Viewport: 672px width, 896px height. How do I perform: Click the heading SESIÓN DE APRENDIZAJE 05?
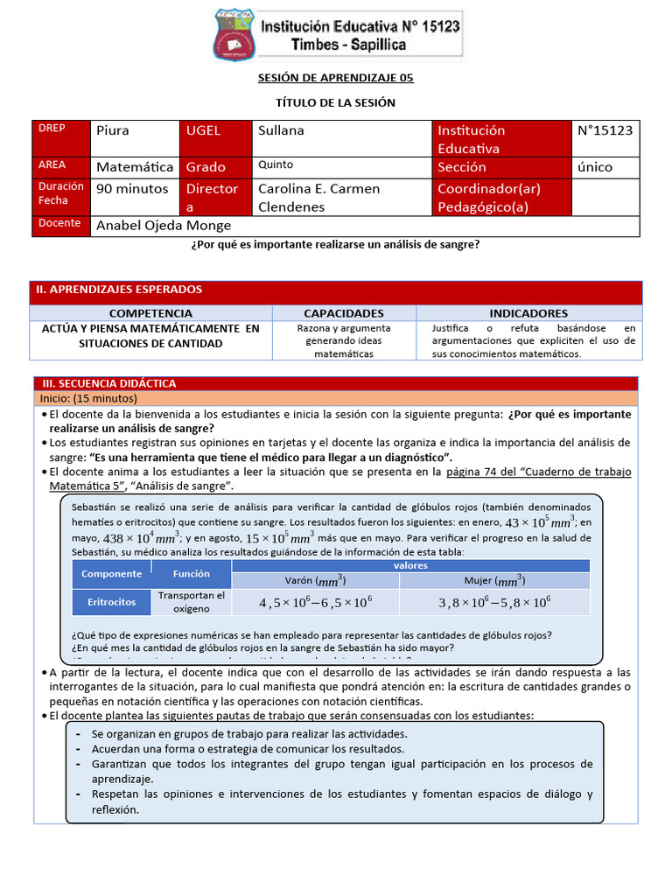point(335,78)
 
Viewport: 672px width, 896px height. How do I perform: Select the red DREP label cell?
point(61,138)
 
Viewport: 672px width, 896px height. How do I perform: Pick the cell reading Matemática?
point(135,166)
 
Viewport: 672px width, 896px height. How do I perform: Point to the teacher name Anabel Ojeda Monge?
point(166,225)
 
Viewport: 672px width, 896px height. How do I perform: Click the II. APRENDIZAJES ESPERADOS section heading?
point(119,290)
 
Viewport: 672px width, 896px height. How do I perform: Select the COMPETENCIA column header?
point(150,313)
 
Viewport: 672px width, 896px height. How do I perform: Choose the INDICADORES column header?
point(528,313)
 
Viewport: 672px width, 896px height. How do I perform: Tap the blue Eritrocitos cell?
point(111,602)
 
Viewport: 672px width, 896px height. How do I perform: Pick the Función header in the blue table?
point(191,574)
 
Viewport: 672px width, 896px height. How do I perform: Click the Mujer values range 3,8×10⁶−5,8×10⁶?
point(494,602)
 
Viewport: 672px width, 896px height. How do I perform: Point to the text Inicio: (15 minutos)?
point(82,397)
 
